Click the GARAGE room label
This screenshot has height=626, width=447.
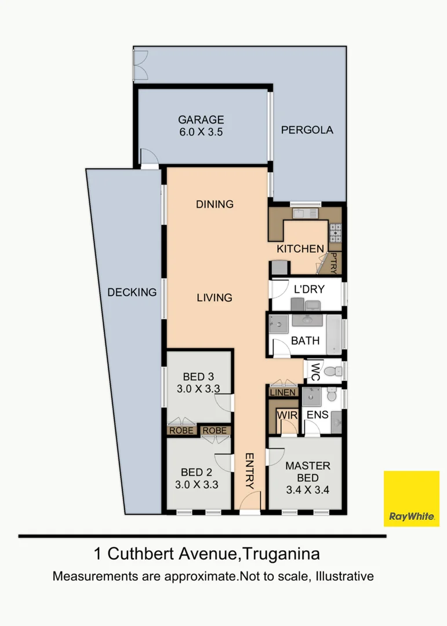[x=200, y=120]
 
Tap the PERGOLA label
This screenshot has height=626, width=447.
[x=307, y=130]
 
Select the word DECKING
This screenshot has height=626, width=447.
[x=132, y=292]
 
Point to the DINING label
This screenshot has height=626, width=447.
[x=215, y=204]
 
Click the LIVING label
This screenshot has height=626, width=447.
[x=214, y=297]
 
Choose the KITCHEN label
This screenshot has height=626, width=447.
[x=300, y=249]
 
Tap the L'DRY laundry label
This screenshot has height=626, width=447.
[x=309, y=289]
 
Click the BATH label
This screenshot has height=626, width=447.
[x=305, y=340]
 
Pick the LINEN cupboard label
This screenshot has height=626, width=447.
[x=283, y=393]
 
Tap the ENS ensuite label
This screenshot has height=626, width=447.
[x=318, y=415]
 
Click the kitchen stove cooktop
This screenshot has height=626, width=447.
[x=336, y=232]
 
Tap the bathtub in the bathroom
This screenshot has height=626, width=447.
[x=334, y=334]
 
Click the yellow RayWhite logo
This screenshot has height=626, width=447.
[x=412, y=498]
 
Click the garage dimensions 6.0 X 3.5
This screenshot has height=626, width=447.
[x=200, y=132]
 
